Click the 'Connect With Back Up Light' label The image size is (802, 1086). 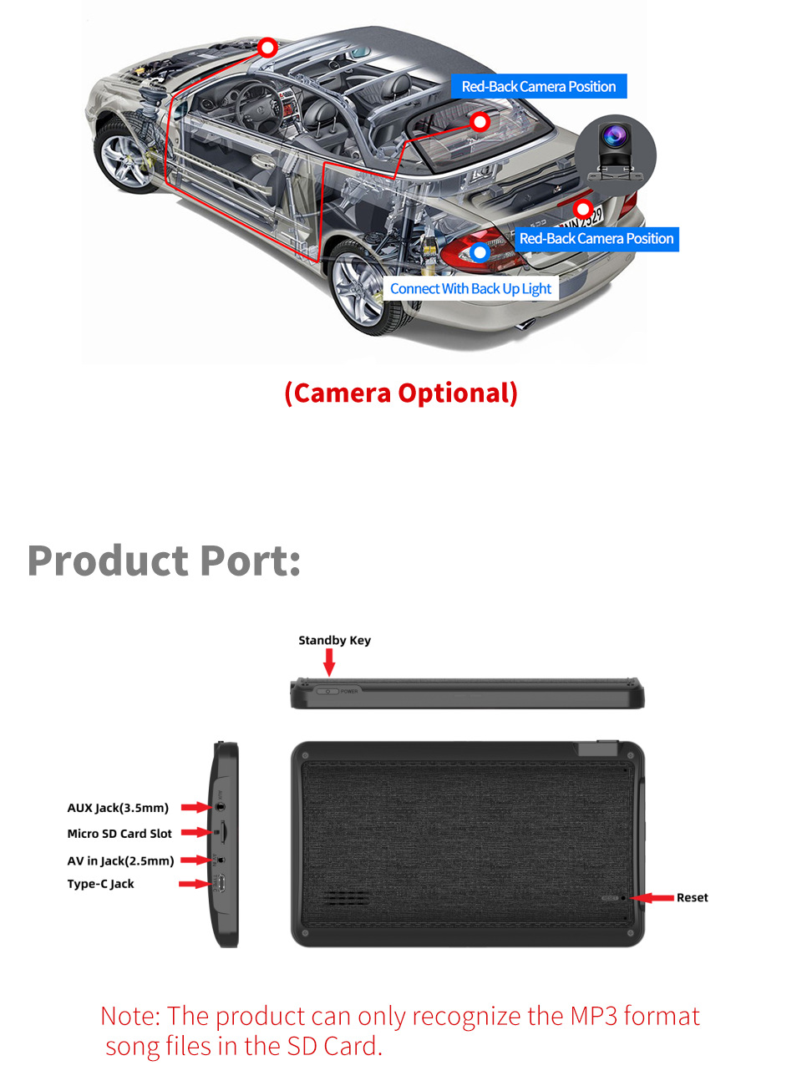[470, 289]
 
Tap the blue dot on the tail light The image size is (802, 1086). [480, 251]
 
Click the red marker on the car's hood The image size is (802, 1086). [267, 48]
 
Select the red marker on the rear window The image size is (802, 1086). [480, 122]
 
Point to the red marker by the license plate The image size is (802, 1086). [583, 208]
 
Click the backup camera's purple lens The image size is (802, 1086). [616, 134]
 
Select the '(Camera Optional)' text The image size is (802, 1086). [401, 393]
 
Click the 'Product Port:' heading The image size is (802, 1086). [164, 561]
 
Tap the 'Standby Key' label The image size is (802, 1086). [334, 641]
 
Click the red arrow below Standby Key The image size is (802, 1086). [329, 662]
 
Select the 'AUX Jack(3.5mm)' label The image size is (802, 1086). [118, 808]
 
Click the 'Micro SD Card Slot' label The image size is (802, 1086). [119, 834]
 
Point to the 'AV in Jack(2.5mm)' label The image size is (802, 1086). [120, 860]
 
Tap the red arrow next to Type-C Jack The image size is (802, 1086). [194, 884]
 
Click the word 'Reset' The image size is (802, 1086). [692, 898]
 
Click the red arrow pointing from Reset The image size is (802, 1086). [653, 898]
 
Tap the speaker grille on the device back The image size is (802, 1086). [347, 898]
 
